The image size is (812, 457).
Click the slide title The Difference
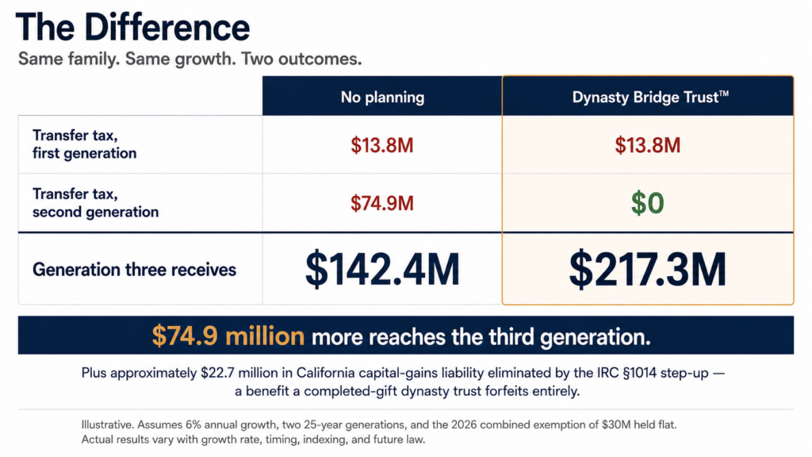click(132, 28)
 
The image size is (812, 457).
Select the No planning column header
click(382, 97)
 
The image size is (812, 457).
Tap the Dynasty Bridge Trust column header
click(650, 97)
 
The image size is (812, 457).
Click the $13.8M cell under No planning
click(382, 145)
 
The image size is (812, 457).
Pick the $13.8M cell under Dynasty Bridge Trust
click(647, 145)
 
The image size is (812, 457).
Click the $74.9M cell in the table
click(382, 203)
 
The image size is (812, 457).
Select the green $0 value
click(647, 202)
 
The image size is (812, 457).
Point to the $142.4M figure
click(382, 269)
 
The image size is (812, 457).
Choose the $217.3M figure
click(647, 269)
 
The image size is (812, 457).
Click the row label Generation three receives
click(134, 270)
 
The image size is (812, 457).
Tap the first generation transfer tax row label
click(84, 144)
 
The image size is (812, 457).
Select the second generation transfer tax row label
click(95, 202)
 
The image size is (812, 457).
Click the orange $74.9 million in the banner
click(228, 336)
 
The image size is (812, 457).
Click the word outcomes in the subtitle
click(320, 59)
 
